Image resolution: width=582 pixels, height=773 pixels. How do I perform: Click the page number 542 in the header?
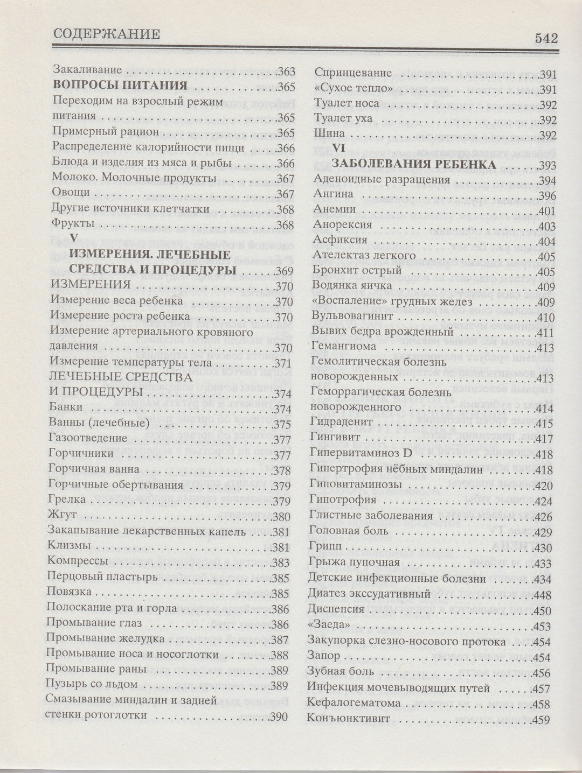(x=545, y=38)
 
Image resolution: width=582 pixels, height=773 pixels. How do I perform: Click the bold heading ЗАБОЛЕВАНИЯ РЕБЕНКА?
(x=414, y=164)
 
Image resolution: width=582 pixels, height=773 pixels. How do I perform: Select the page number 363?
(x=286, y=70)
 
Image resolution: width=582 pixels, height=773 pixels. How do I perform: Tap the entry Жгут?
(x=60, y=516)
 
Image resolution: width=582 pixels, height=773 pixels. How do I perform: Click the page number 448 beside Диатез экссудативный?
(x=540, y=594)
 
